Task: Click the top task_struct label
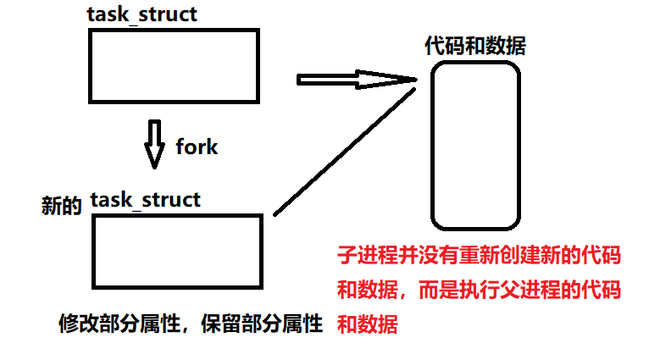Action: (142, 15)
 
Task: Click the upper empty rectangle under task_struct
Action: (172, 65)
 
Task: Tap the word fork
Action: (197, 147)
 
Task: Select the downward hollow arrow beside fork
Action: (153, 144)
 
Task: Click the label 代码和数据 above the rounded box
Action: (474, 46)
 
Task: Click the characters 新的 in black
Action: (61, 204)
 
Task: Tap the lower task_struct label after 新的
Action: (145, 200)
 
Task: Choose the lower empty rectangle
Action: (177, 252)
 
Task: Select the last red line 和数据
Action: (367, 323)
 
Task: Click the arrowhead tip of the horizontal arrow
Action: (416, 80)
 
